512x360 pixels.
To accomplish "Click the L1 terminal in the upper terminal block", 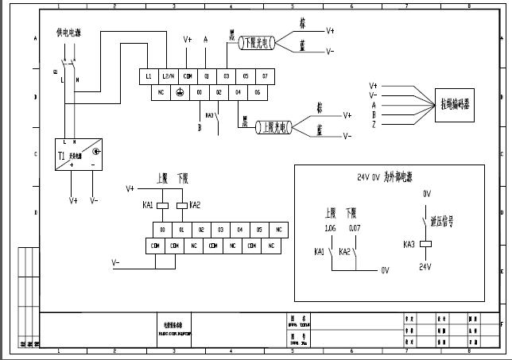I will (149, 76).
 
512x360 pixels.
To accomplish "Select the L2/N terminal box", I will (169, 76).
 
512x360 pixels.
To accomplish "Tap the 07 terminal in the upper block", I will (266, 76).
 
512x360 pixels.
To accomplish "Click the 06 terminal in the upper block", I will (256, 92).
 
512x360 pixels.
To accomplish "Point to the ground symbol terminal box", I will (179, 92).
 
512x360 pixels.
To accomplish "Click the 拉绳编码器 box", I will (456, 103).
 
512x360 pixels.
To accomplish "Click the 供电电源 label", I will (68, 33).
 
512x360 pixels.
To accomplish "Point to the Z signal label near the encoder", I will (374, 124).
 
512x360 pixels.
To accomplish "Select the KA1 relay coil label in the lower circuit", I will (147, 205).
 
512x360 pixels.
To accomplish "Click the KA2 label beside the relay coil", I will (195, 205).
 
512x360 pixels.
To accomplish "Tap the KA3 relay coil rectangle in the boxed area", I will (425, 244).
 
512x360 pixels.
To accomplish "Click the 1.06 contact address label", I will (331, 229).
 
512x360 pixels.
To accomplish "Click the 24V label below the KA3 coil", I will (425, 267).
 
